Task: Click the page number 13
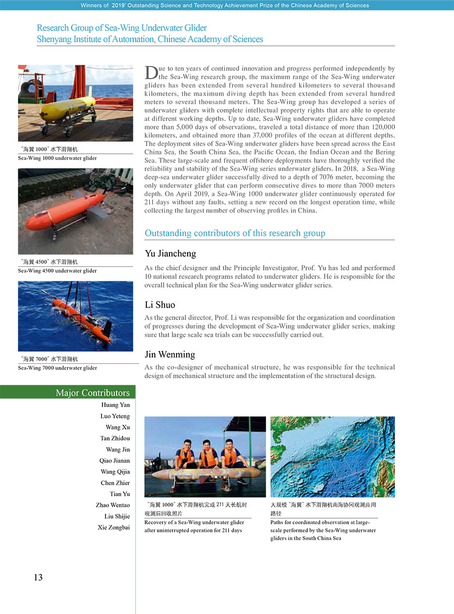(38, 578)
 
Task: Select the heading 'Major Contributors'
(92, 393)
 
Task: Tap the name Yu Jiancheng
(170, 254)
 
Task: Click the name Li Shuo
(159, 305)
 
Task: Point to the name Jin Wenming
(169, 354)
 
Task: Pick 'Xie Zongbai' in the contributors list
(113, 527)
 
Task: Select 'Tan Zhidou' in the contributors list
(115, 438)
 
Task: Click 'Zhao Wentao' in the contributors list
(112, 505)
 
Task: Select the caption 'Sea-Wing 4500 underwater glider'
(58, 271)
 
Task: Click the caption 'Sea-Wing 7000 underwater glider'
(58, 368)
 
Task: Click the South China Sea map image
(332, 457)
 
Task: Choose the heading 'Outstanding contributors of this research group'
(235, 233)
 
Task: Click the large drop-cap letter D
(151, 73)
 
